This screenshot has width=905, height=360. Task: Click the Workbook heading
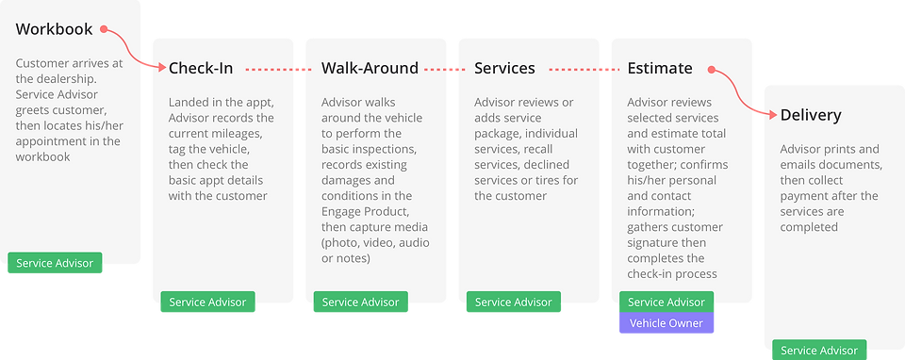[54, 30]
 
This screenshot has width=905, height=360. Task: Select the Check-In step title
[200, 68]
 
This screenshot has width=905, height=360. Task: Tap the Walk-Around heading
[370, 68]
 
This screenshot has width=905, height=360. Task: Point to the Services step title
[504, 68]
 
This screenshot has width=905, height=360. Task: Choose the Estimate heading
[660, 68]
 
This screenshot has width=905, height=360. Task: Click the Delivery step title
[811, 115]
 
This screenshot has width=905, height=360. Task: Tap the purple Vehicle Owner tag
[666, 323]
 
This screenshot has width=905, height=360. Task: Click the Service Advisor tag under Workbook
[55, 263]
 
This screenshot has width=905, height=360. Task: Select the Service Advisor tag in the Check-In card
[207, 303]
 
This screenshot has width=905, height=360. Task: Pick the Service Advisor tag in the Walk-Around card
[360, 303]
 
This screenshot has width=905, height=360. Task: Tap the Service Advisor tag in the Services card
[514, 303]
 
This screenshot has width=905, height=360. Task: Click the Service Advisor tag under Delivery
[819, 351]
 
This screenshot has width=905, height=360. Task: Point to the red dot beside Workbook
[104, 30]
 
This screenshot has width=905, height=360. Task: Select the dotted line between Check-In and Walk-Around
[273, 69]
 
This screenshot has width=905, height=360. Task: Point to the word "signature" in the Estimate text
[659, 243]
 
